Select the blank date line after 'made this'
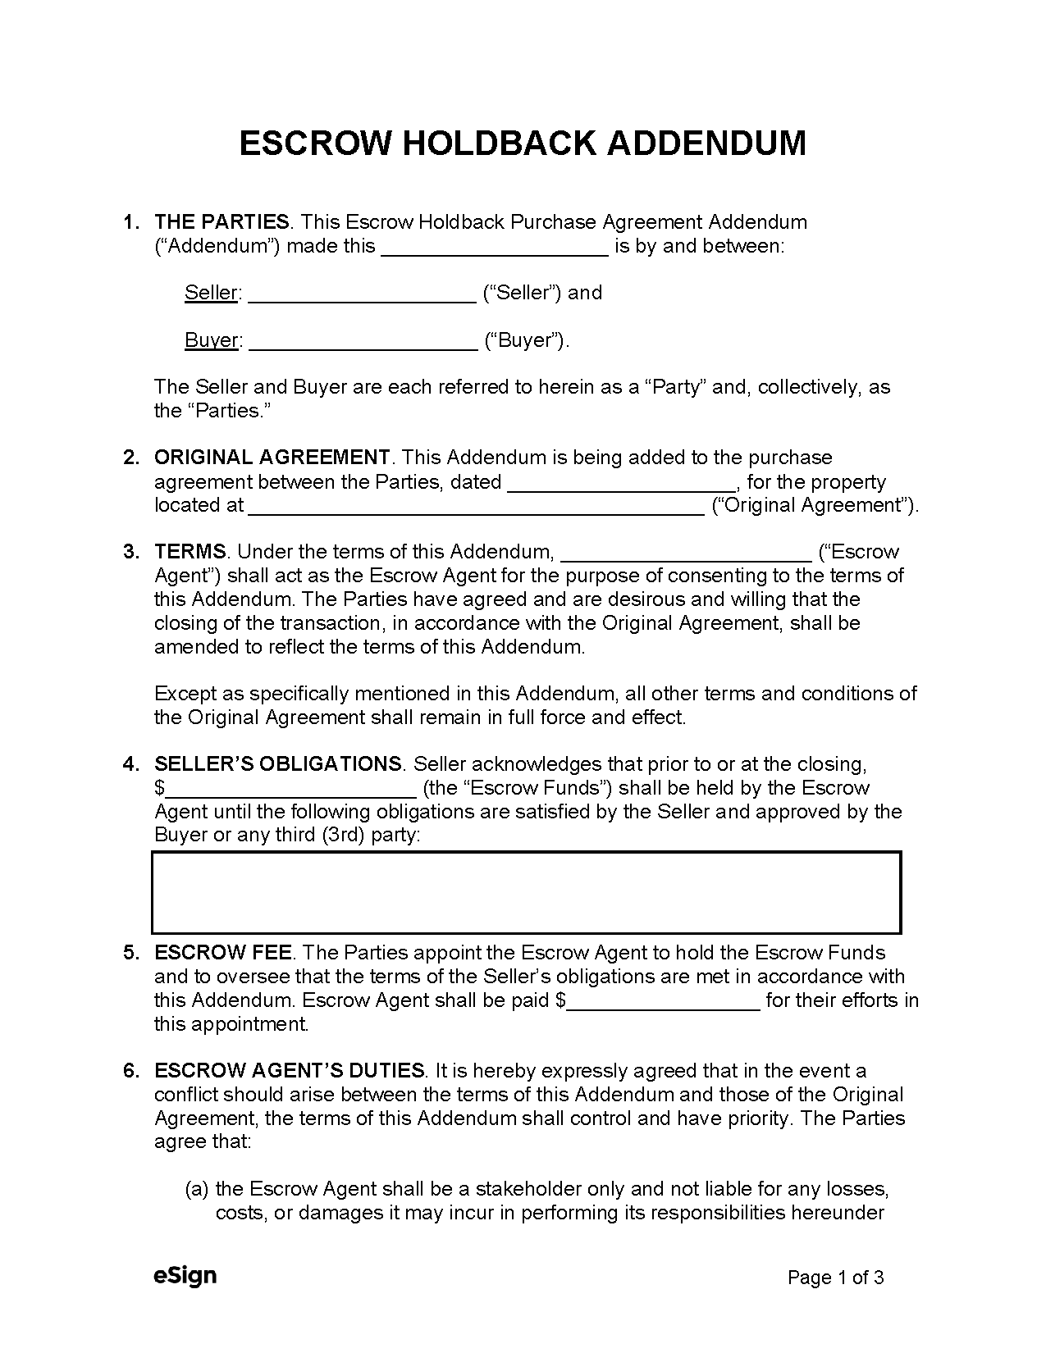(495, 247)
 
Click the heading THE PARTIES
(222, 222)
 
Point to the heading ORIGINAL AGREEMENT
(272, 458)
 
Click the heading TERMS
(190, 552)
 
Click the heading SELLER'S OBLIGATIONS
(278, 764)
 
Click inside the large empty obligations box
(526, 892)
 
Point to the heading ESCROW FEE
(222, 953)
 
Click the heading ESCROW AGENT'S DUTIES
(290, 1071)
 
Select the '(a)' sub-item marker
(197, 1189)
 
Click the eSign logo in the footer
(185, 1276)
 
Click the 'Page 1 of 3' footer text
(835, 1278)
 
